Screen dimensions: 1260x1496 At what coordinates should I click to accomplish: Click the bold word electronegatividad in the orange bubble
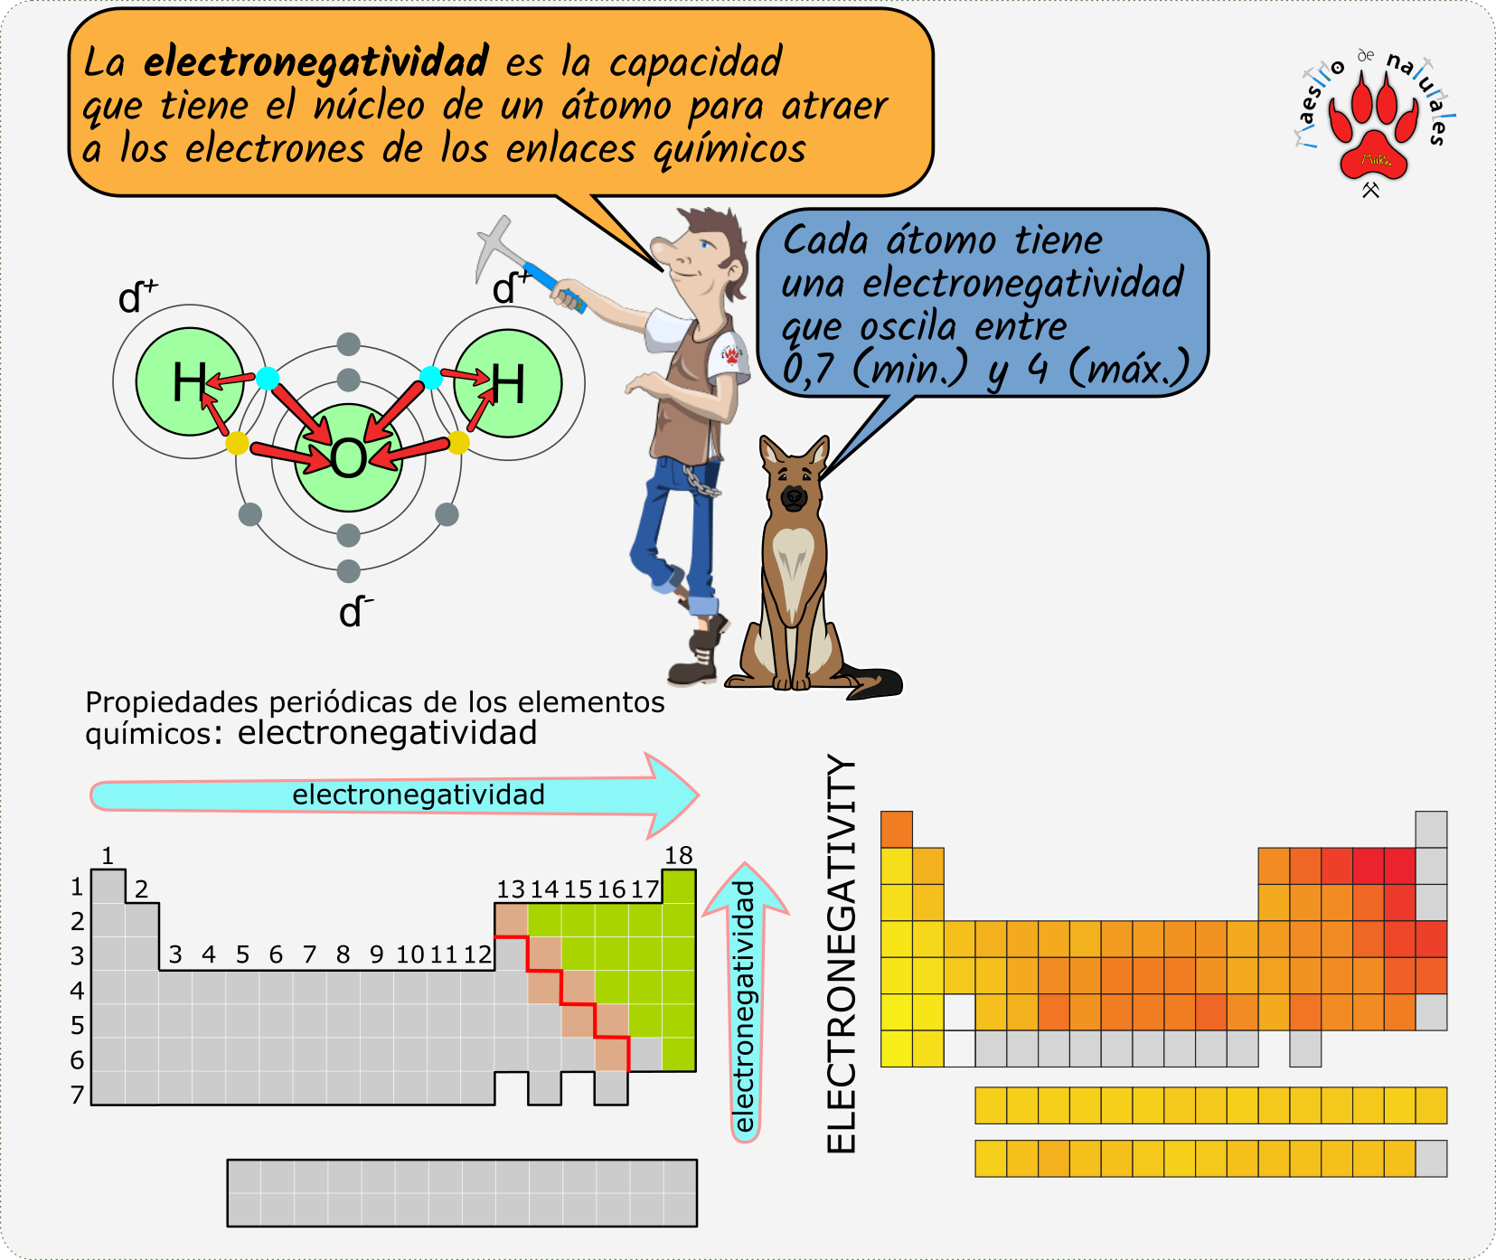315,61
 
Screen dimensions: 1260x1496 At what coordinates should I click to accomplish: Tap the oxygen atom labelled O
348,458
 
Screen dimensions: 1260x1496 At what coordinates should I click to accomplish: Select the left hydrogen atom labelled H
190,381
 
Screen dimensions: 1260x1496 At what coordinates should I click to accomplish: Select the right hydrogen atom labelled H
508,383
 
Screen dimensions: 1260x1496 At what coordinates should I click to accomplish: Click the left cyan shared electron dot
268,378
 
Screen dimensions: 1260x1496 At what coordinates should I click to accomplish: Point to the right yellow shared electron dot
458,443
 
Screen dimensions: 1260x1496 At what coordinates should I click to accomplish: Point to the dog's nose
794,496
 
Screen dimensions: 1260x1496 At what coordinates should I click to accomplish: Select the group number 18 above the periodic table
678,855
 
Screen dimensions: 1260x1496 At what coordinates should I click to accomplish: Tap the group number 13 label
511,889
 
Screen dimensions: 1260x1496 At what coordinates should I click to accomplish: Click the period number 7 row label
78,1095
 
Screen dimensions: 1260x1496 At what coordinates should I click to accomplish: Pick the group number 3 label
175,954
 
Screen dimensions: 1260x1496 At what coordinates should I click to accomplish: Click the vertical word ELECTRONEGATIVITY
842,954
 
